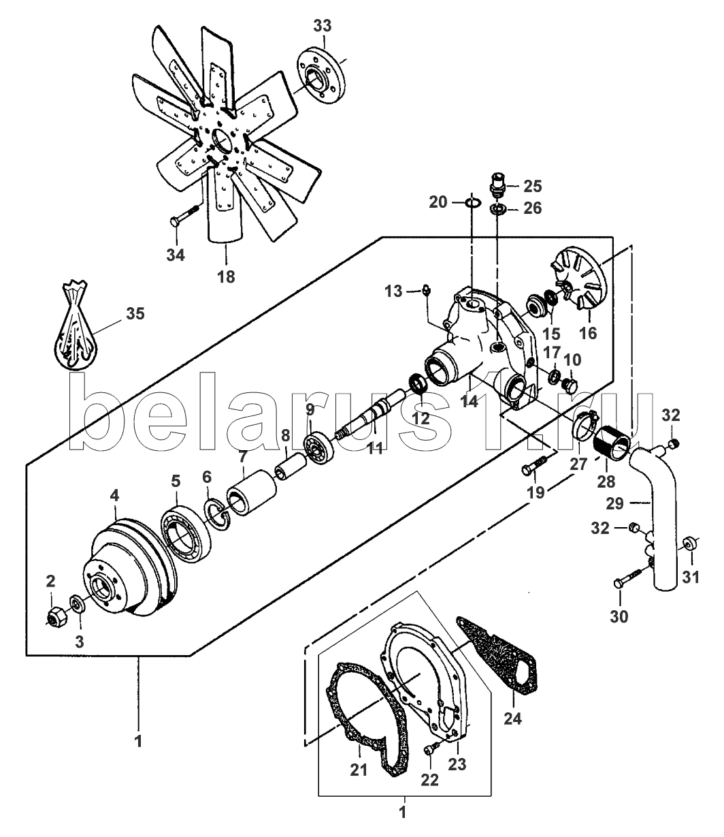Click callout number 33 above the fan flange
323,26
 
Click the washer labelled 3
77,605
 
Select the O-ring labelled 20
472,202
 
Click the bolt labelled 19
533,466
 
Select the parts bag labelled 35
76,325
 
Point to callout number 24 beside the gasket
513,718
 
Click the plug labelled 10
570,386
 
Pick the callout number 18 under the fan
226,277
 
